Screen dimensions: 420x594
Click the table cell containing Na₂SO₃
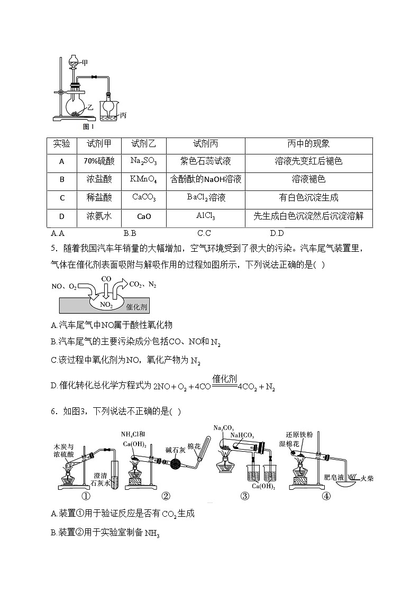pyautogui.click(x=143, y=161)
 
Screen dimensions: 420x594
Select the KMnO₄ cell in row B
pyautogui.click(x=143, y=179)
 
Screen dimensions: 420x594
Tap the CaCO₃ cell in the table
pyautogui.click(x=143, y=197)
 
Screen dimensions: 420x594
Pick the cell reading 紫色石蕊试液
pyautogui.click(x=205, y=161)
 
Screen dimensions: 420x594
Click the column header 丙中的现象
pyautogui.click(x=308, y=144)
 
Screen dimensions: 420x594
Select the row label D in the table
pyautogui.click(x=62, y=216)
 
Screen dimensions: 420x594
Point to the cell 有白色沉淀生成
pyautogui.click(x=308, y=197)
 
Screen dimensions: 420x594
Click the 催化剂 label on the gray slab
pyautogui.click(x=136, y=307)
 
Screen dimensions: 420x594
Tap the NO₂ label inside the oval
pyautogui.click(x=106, y=305)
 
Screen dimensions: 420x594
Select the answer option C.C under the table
pyautogui.click(x=204, y=233)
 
